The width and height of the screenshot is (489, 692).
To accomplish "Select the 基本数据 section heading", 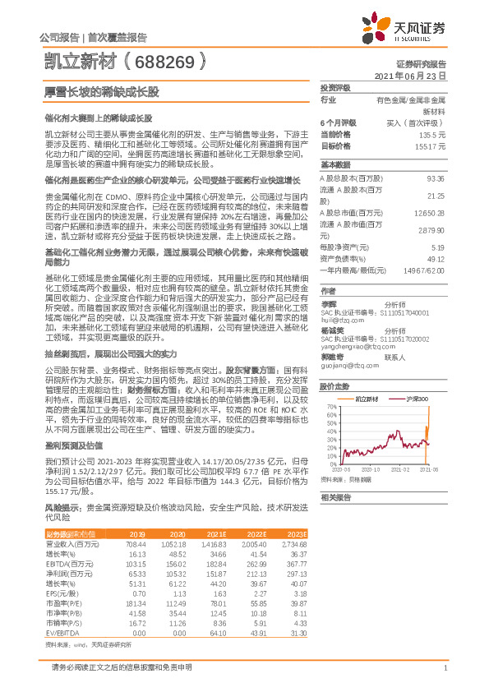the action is [334, 164].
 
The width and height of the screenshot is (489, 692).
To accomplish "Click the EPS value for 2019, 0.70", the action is [138, 592].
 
